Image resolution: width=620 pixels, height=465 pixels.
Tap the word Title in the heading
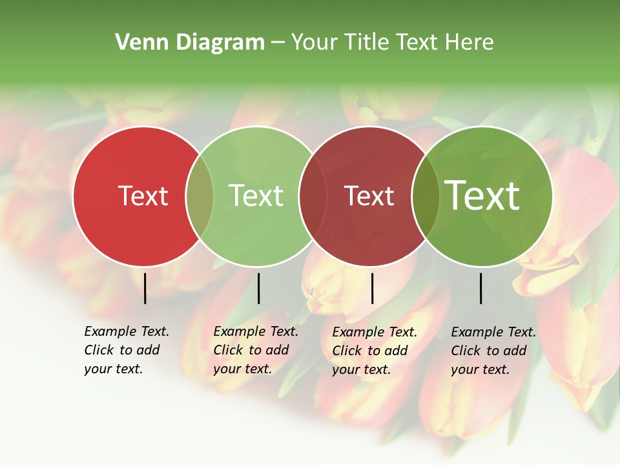[x=367, y=43]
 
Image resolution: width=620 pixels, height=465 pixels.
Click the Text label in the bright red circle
[x=143, y=196]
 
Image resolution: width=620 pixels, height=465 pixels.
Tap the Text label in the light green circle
[x=256, y=196]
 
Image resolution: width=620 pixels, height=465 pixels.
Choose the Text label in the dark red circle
[x=369, y=196]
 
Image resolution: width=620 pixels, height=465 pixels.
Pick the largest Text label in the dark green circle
[x=482, y=196]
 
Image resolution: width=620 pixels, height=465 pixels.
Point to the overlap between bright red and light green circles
[x=200, y=196]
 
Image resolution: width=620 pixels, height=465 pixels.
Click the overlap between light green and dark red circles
[x=312, y=196]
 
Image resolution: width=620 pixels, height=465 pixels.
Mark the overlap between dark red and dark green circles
[x=424, y=196]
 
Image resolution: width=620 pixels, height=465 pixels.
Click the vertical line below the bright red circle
[x=145, y=288]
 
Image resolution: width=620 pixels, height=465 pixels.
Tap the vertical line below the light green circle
[x=258, y=288]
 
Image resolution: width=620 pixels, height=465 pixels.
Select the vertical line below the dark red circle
[x=373, y=288]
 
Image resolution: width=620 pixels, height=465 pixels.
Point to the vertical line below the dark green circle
[x=481, y=288]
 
